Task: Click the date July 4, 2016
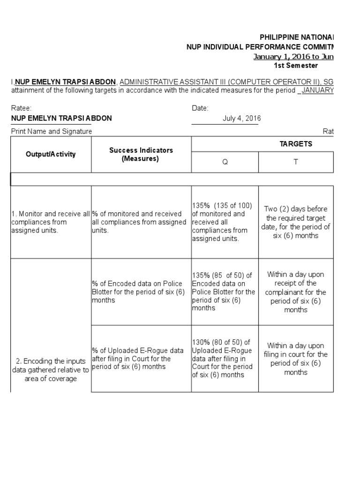[x=241, y=119]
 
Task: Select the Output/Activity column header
[x=51, y=154]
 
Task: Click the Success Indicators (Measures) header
[x=141, y=154]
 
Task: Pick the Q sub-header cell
[x=225, y=162]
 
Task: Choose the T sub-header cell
[x=296, y=162]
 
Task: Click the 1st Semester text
[x=296, y=66]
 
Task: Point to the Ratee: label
[x=22, y=108]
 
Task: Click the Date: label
[x=200, y=108]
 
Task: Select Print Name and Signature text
[x=52, y=131]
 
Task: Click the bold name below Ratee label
[x=61, y=118]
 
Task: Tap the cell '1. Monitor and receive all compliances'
[x=51, y=222]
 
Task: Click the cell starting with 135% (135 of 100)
[x=225, y=222]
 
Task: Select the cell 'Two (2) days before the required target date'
[x=296, y=222]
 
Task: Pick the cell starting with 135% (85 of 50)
[x=225, y=292]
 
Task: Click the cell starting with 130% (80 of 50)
[x=225, y=359]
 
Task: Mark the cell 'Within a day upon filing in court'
[x=296, y=359]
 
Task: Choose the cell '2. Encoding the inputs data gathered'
[x=51, y=370]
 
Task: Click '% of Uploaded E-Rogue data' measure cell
[x=141, y=359]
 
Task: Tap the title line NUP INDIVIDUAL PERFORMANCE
[x=260, y=47]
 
